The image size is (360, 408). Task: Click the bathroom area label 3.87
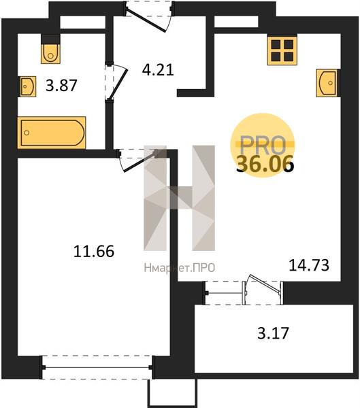point(61,86)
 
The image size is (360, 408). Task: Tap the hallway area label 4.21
point(158,70)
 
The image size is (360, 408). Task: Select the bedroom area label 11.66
point(94,252)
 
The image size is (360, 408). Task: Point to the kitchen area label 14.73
point(309,265)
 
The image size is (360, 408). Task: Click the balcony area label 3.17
point(274,333)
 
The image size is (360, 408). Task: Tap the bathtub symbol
point(52,133)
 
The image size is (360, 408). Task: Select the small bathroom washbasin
point(27,86)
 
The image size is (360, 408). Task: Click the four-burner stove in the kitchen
point(282,50)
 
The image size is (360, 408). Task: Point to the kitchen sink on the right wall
point(327,83)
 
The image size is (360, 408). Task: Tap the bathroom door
point(116,82)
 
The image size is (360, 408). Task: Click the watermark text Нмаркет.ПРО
point(180,268)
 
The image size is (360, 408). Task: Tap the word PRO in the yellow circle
point(263,145)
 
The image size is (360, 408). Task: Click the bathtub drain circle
point(27,133)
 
